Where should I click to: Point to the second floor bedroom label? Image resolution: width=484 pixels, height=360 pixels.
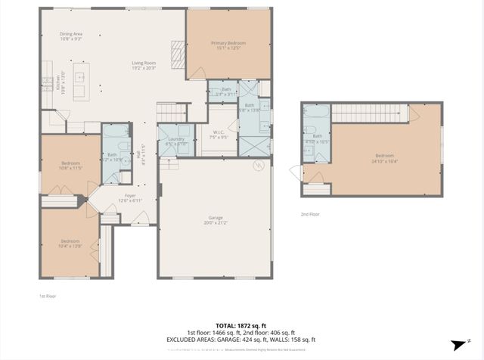coord(385,157)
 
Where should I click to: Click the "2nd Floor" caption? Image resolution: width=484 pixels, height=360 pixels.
coord(310,215)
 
